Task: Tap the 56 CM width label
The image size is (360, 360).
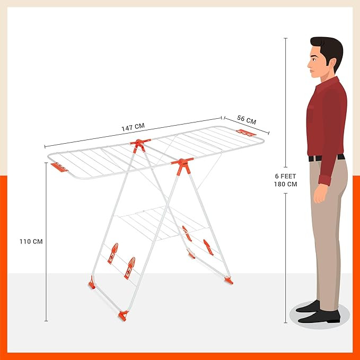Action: click(x=246, y=120)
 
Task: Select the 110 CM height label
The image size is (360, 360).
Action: click(x=30, y=241)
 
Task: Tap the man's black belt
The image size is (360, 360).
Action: click(x=326, y=157)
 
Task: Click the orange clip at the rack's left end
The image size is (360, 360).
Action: click(x=59, y=168)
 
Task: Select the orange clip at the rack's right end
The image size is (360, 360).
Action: click(x=246, y=132)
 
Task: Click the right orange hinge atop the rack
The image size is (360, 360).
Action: click(x=182, y=166)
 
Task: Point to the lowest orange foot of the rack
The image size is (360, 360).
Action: click(x=124, y=316)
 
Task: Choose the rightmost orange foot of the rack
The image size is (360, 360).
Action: click(x=229, y=279)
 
